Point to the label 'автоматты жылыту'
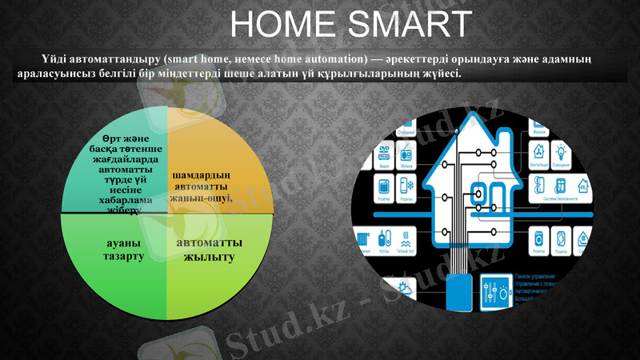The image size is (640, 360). tap(209, 249)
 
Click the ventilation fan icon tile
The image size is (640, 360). tap(538, 151)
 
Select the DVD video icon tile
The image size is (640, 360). tap(383, 152)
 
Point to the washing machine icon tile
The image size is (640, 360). tap(538, 238)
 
